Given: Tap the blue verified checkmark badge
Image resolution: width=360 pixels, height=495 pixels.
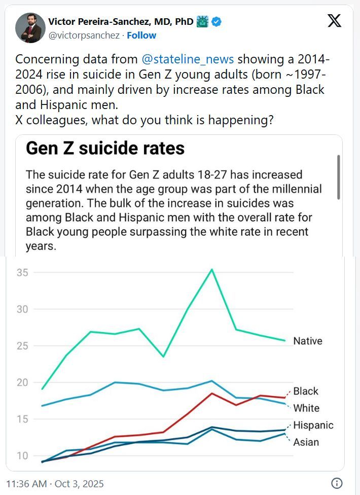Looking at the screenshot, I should tap(216, 22).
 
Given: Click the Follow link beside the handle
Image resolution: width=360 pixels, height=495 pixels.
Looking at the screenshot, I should tap(141, 36).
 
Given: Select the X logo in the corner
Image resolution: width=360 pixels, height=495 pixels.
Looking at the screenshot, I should tap(335, 21).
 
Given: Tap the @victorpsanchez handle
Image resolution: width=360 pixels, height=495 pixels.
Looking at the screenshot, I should tap(84, 36).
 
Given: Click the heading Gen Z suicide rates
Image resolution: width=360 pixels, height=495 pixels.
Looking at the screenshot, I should tap(105, 148).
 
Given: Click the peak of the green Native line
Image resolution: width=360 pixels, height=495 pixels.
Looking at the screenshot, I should tap(212, 269).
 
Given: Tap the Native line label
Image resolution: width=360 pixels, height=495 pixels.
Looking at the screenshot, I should tap(308, 341).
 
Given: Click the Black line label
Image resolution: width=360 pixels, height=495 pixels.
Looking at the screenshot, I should tap(306, 391).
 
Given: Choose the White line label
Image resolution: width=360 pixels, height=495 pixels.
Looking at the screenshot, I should tap(306, 408).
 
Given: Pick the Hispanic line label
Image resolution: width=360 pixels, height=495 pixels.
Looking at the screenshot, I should tap(313, 425).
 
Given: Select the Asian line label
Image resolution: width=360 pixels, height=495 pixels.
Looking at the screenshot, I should tap(306, 442).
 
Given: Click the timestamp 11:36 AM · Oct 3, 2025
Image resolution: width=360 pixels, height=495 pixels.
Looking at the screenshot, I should tap(55, 483).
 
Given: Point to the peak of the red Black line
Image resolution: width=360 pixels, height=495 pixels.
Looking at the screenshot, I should tap(212, 393).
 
